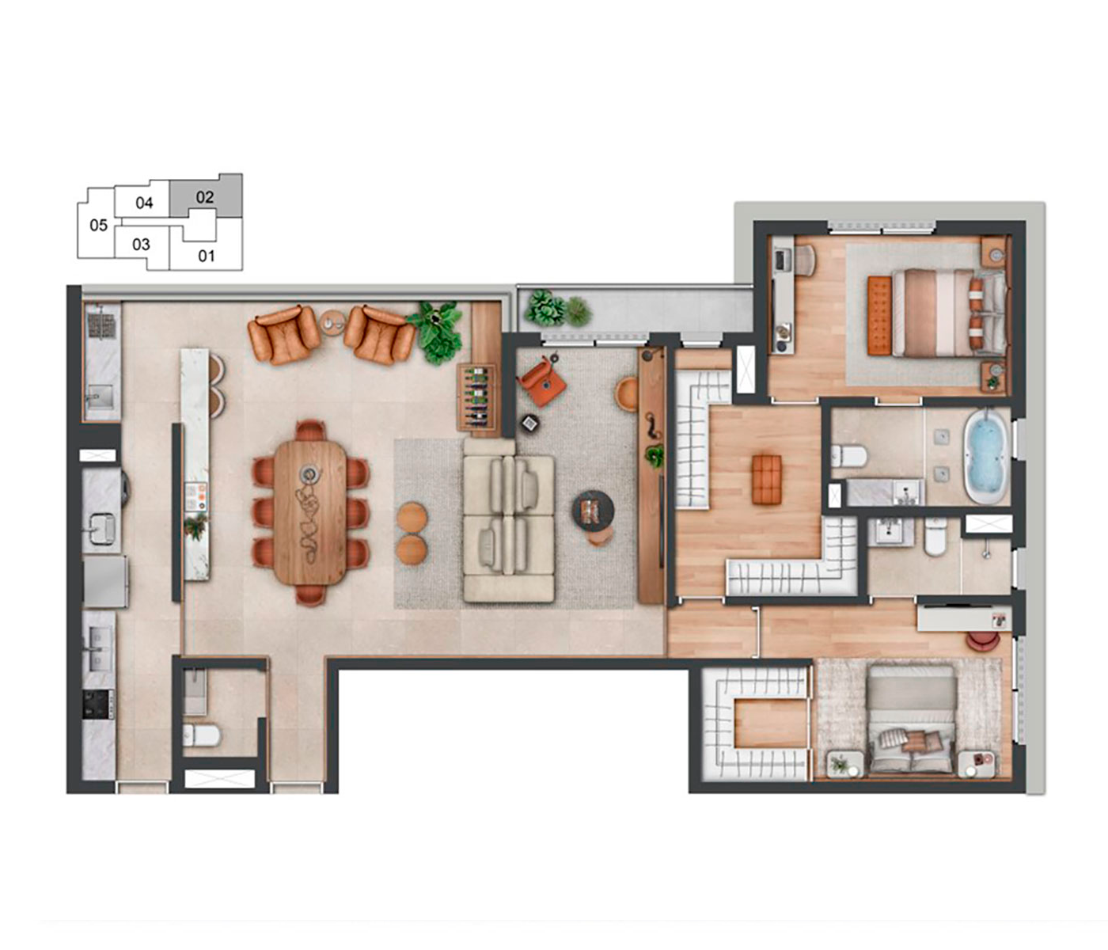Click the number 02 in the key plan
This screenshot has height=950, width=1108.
click(x=205, y=197)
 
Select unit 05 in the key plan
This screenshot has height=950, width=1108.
click(x=99, y=225)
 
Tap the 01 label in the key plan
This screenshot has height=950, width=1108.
click(x=207, y=256)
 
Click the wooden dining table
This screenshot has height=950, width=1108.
click(x=310, y=512)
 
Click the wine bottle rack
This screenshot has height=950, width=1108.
click(x=476, y=397)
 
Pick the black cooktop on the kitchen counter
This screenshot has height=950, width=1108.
click(x=98, y=704)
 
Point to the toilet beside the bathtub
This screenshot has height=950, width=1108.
click(x=849, y=456)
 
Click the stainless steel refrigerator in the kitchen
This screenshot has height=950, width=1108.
click(x=105, y=581)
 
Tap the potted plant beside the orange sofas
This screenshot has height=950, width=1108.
click(x=437, y=331)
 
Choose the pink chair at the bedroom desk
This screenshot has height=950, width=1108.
click(x=983, y=640)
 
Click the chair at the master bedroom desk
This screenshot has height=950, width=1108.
click(x=804, y=260)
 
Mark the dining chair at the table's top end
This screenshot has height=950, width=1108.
click(x=310, y=430)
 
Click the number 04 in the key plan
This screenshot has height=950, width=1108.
click(x=144, y=203)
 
